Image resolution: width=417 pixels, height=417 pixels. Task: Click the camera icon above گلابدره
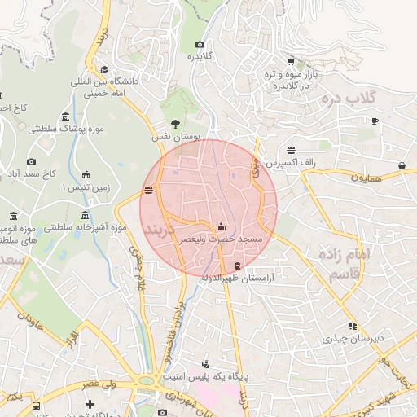point(200,45)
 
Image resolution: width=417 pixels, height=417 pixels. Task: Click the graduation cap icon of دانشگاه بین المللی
point(104,70)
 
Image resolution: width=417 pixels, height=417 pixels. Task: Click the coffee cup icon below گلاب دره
point(375,121)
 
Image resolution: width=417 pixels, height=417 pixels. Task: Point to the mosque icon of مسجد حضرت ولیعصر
point(222,227)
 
